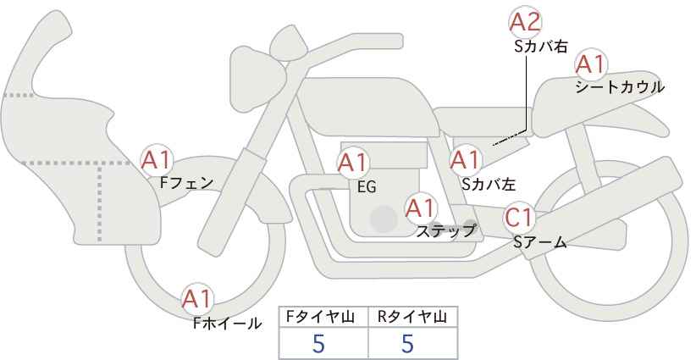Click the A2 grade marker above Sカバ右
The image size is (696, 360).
525,22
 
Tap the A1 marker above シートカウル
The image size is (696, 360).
591,65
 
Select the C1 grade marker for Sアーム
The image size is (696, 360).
519,218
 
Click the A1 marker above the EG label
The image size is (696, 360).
352,163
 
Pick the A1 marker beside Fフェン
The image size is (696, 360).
156,161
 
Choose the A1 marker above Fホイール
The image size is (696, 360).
197,299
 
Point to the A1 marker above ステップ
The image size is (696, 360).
421,208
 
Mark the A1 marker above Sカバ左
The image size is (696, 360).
465,160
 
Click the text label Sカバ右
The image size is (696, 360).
541,47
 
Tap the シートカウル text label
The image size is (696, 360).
620,87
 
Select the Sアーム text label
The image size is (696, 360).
539,242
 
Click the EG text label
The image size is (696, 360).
367,187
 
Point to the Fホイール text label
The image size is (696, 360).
227,324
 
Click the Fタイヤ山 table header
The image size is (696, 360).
320,317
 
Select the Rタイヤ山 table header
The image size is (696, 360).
412,317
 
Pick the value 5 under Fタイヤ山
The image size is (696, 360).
318,344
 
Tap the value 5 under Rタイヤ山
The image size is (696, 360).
407,344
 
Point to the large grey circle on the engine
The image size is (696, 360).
384,219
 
